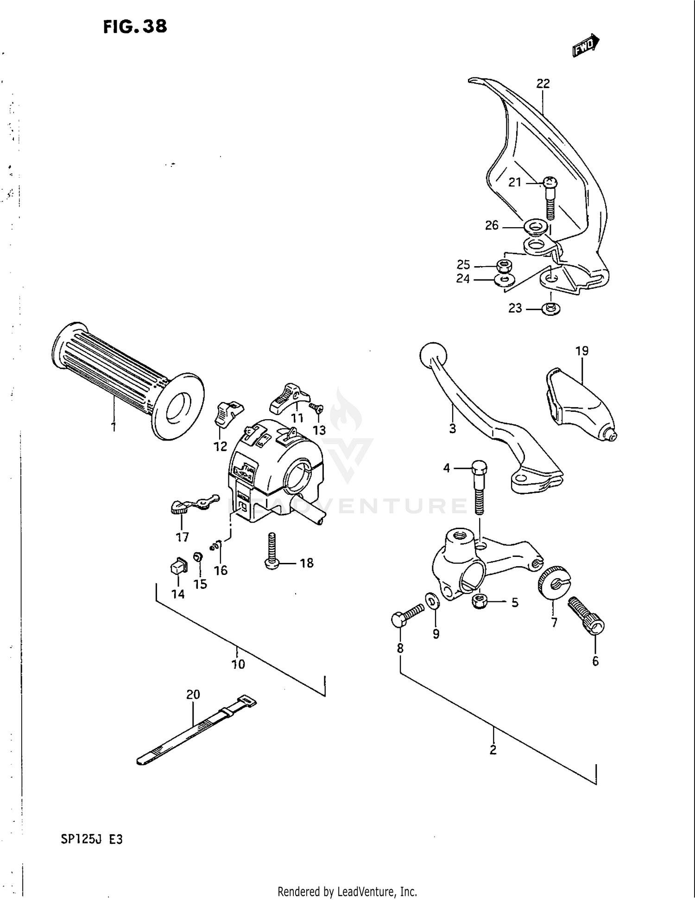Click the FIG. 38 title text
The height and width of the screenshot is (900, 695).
pyautogui.click(x=135, y=26)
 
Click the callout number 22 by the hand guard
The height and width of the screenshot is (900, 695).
pyautogui.click(x=543, y=83)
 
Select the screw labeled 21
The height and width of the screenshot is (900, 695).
pyautogui.click(x=550, y=197)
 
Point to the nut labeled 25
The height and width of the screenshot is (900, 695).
pyautogui.click(x=504, y=267)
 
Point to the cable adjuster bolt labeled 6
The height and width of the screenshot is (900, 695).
pyautogui.click(x=587, y=615)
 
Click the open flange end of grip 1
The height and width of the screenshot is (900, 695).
pyautogui.click(x=178, y=406)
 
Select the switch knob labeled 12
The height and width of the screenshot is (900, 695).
pyautogui.click(x=227, y=412)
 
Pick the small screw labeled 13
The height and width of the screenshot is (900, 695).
pyautogui.click(x=317, y=409)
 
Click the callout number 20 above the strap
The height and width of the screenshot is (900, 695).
pyautogui.click(x=193, y=694)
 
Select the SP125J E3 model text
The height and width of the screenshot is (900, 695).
pyautogui.click(x=92, y=839)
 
